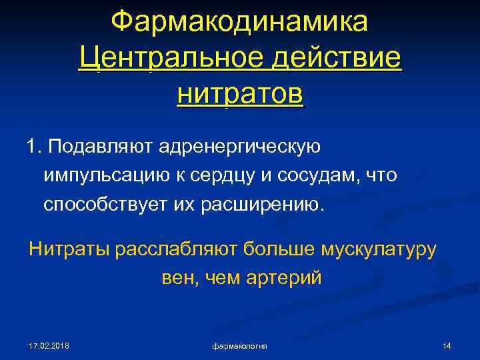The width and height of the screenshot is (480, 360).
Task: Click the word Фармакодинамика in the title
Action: point(239,21)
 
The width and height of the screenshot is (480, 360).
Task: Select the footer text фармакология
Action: point(239,346)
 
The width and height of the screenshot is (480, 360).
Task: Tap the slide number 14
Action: point(447,346)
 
